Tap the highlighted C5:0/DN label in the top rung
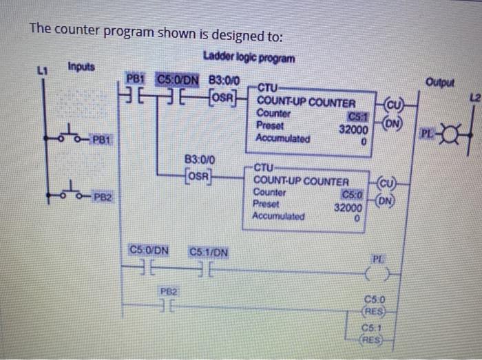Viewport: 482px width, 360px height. click(178, 79)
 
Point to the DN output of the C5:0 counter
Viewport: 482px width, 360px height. click(383, 201)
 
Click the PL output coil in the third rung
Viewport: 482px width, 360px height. click(377, 275)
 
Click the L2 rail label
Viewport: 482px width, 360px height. click(470, 94)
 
